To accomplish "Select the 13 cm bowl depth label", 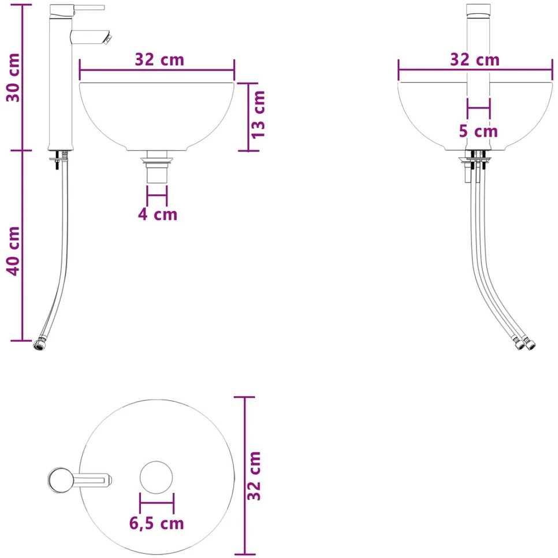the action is (258, 114).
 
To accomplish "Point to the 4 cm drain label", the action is (158, 214).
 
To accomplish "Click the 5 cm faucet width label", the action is (478, 131).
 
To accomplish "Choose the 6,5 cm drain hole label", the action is (157, 523).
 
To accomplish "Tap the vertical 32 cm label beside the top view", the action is (254, 476).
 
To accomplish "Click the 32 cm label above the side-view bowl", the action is (159, 59).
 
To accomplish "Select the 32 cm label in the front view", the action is (475, 59).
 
